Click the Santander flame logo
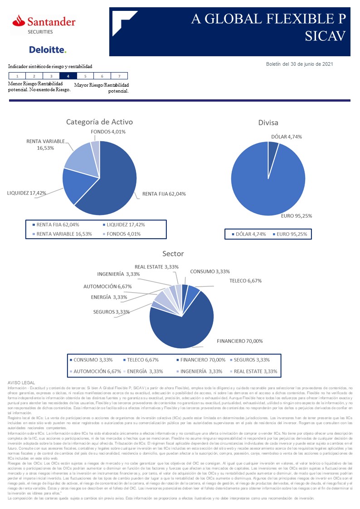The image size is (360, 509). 19,20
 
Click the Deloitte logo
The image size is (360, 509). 48,49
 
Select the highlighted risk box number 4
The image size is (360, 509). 68,76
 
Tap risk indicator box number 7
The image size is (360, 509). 119,76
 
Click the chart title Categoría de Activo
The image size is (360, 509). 99,122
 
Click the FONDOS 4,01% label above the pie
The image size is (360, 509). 108,132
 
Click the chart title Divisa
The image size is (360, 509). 268,122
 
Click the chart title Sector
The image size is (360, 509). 173,254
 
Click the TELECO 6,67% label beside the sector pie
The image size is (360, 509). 245,280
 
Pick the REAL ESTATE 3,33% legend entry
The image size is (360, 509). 254,371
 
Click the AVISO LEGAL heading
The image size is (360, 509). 22,383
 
